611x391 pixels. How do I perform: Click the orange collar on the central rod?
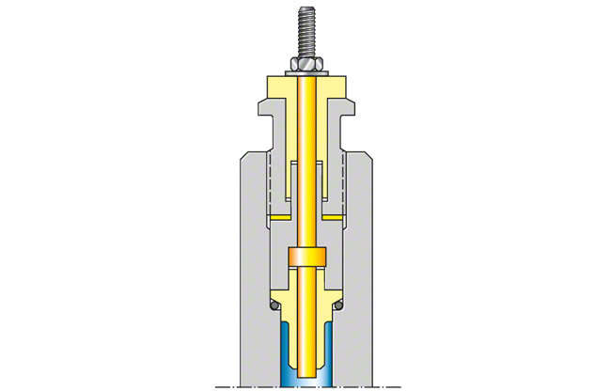tap(306, 257)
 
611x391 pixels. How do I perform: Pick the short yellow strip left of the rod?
tap(279, 216)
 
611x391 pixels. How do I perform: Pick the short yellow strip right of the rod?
tap(334, 216)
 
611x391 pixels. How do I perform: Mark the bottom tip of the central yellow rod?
tap(306, 379)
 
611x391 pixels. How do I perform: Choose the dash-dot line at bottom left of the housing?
tap(226, 386)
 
